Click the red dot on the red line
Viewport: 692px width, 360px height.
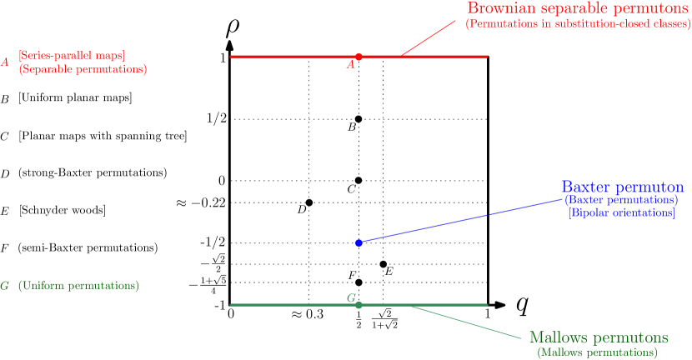coord(359,57)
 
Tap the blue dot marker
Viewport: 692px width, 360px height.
coord(359,242)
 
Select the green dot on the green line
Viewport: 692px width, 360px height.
coord(359,305)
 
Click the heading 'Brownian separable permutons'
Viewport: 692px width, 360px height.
coord(578,8)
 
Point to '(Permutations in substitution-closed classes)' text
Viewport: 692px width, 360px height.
coord(578,25)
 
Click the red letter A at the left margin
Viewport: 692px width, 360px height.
coord(5,62)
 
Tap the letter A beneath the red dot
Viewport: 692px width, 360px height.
coord(351,64)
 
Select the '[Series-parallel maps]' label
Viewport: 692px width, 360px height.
coord(72,56)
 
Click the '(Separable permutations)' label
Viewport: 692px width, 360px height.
coord(83,70)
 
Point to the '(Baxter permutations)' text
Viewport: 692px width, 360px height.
coord(621,201)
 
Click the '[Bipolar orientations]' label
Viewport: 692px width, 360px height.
coord(622,213)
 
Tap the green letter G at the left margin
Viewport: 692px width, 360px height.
coord(5,286)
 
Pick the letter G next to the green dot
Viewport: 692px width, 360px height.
coord(351,297)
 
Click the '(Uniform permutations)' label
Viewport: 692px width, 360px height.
coord(78,286)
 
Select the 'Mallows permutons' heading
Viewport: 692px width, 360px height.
coord(599,337)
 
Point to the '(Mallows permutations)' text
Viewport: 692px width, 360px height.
coord(598,352)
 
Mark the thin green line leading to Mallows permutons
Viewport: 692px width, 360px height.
coord(467,322)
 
